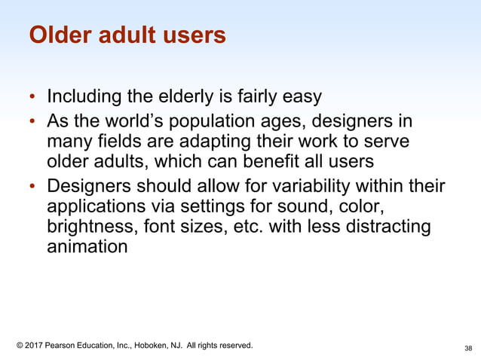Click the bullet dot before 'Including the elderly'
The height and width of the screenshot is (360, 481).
click(32, 98)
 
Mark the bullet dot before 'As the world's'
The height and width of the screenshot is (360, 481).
click(32, 122)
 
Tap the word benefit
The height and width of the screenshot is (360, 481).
click(277, 161)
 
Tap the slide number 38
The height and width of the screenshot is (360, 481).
click(468, 348)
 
